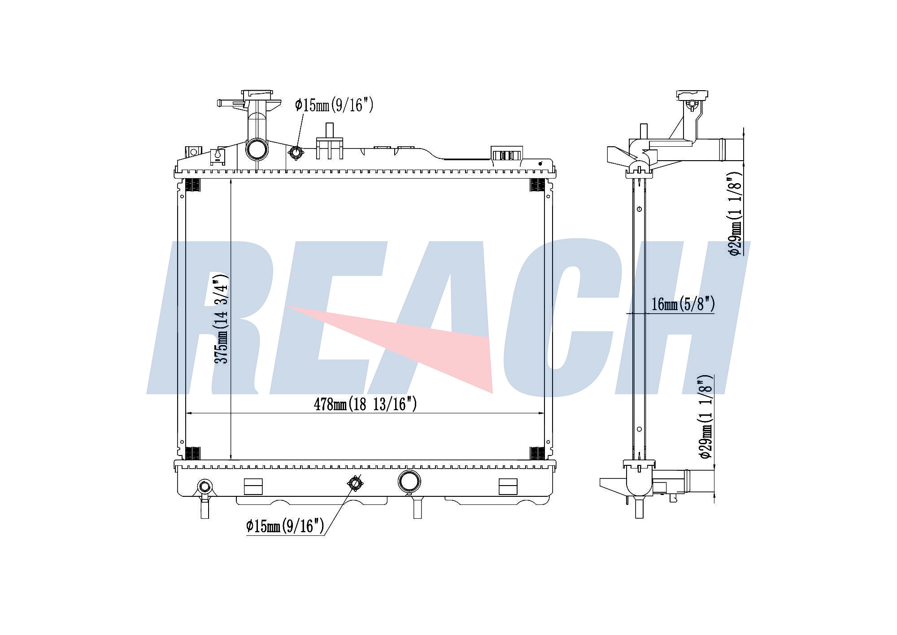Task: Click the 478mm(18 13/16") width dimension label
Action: coord(365,404)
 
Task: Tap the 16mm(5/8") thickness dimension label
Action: coord(683,304)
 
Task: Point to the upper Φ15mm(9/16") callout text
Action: coord(334,105)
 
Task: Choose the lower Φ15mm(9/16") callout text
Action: coord(285,526)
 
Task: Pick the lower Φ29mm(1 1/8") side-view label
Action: coord(705,416)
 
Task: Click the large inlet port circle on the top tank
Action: coord(257,149)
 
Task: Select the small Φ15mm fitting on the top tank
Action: coord(296,153)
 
